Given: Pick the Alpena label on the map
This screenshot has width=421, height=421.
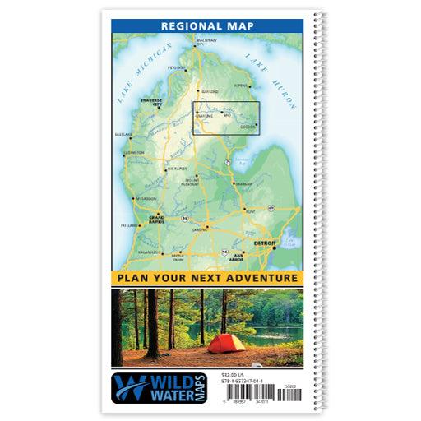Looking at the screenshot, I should [240, 85].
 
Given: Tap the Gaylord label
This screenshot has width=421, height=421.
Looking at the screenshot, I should [210, 91].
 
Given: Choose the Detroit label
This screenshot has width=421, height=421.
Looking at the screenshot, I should [265, 244].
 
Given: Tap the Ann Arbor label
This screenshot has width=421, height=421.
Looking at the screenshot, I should [239, 257].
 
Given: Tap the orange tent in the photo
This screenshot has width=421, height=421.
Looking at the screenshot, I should [226, 342].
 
